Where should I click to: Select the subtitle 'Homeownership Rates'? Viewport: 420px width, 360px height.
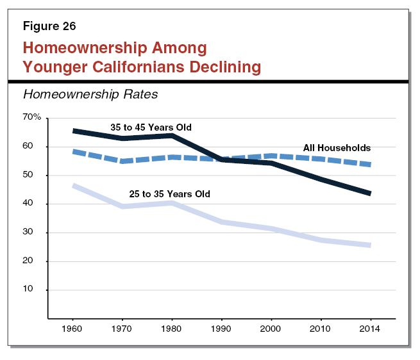click(90, 95)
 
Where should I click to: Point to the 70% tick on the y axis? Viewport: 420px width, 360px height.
click(31, 118)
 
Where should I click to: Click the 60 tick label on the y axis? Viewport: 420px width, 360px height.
click(35, 147)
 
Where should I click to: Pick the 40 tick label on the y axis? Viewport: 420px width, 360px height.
click(35, 204)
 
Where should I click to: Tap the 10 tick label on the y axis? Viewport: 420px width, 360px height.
click(35, 290)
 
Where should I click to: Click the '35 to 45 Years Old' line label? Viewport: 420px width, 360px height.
click(151, 127)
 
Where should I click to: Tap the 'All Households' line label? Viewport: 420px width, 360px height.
click(337, 149)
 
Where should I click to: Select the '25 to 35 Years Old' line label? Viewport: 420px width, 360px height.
click(169, 193)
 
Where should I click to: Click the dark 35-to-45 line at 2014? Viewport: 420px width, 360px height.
click(370, 193)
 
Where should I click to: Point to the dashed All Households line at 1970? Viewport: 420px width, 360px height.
click(122, 161)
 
